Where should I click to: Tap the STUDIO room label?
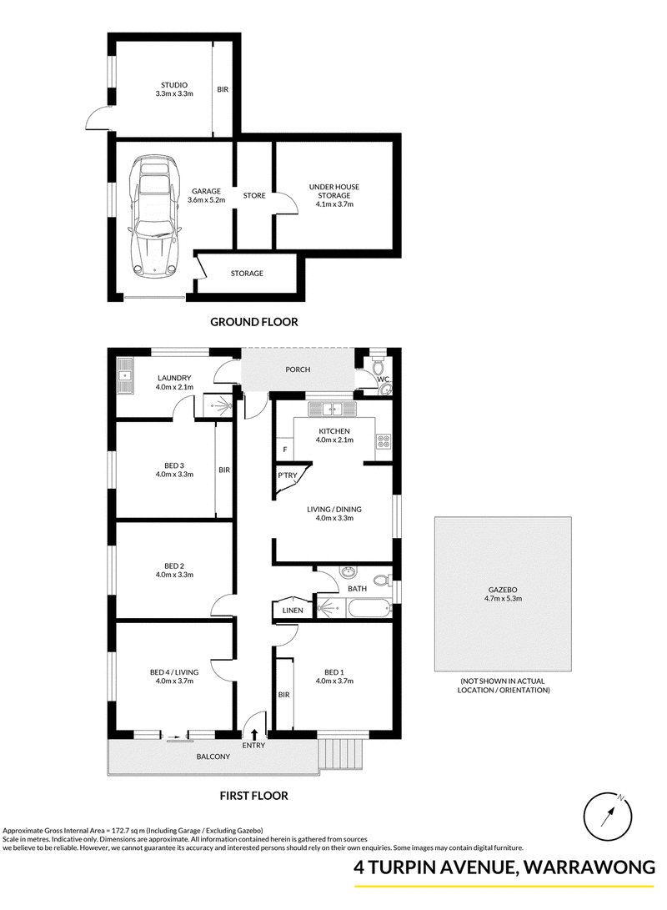174,85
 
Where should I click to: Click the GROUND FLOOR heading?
254,321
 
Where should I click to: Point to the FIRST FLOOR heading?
254,796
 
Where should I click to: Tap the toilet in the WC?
378,365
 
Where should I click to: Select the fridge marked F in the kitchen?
285,450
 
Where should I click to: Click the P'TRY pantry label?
287,475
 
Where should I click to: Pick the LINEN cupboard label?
293,610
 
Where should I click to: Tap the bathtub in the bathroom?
369,609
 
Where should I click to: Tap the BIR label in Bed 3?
224,470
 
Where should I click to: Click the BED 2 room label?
174,566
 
